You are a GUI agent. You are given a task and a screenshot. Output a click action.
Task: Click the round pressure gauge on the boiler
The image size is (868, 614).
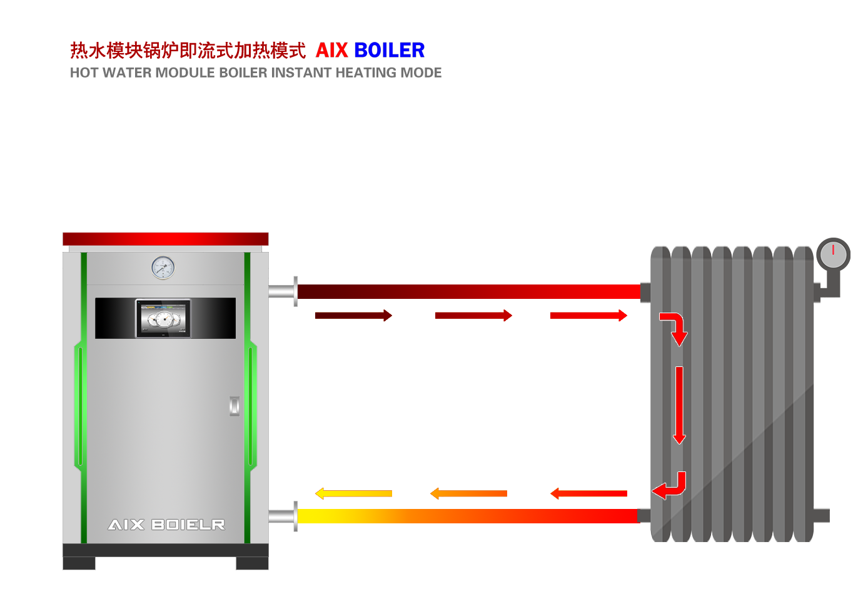point(163,268)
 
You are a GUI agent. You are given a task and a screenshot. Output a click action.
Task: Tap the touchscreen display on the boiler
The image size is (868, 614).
point(163,318)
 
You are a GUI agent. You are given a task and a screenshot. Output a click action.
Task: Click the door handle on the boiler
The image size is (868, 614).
point(235,406)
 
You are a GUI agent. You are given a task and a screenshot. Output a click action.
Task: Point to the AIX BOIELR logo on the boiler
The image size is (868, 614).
point(166,525)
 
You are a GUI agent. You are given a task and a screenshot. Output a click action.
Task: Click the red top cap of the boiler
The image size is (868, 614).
point(165,239)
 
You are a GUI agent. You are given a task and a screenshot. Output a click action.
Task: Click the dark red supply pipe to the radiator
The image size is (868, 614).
point(469,291)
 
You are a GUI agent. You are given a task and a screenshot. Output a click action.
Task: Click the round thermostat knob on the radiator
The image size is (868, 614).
point(833,254)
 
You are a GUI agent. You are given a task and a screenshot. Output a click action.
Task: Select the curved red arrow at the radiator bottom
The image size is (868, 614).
point(670,486)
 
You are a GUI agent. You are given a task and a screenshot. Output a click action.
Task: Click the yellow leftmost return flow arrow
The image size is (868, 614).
point(355,494)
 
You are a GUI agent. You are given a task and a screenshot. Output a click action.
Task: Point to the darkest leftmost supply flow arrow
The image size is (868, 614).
point(355,316)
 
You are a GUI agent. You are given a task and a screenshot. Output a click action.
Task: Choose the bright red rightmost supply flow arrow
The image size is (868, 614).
point(588,316)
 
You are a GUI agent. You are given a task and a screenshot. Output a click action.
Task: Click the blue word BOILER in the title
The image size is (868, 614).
point(389,50)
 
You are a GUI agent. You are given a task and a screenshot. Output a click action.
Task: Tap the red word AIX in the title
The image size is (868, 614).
point(331,50)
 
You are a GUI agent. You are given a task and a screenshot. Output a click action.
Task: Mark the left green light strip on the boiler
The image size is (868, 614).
point(79,406)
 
